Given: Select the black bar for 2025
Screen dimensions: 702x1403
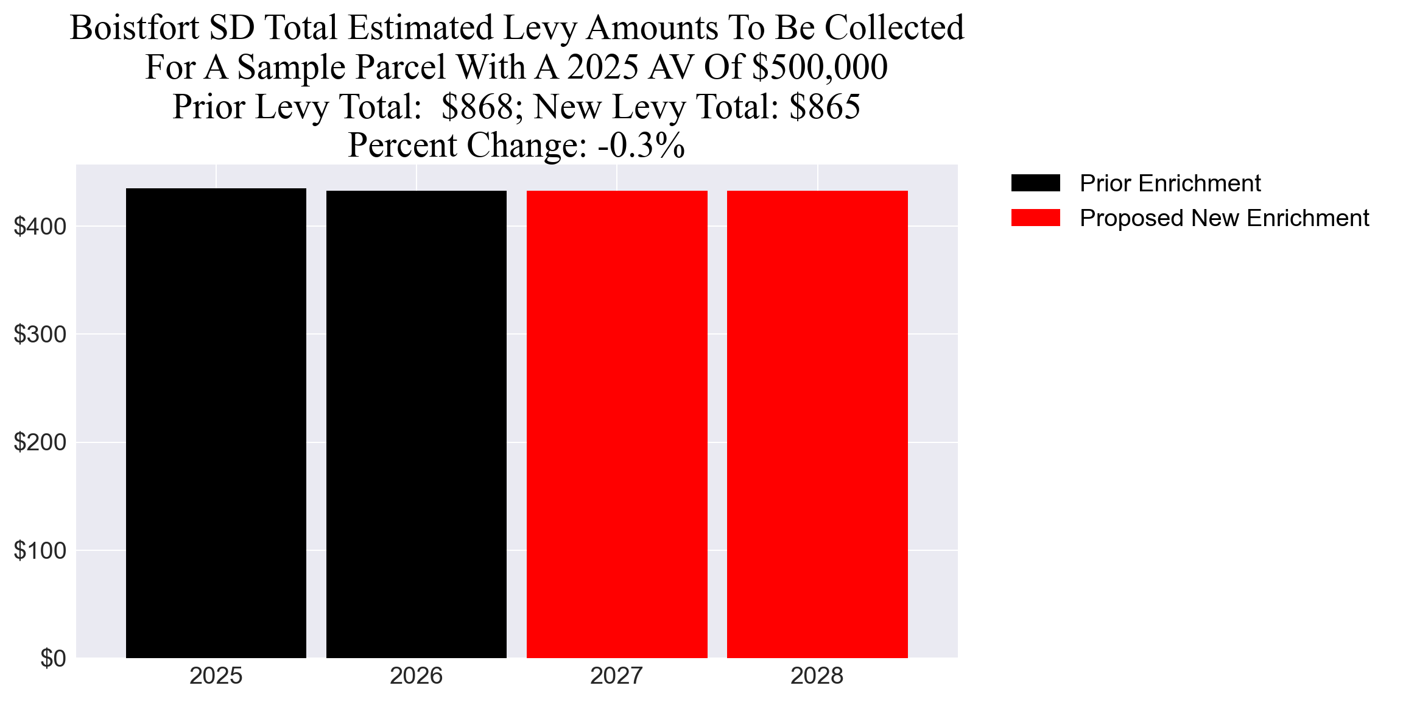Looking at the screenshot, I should (216, 423).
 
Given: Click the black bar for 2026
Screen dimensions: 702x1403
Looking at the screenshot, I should (416, 424).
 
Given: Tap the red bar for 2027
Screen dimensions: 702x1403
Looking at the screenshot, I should (617, 424).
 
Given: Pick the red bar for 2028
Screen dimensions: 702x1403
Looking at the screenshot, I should (817, 424).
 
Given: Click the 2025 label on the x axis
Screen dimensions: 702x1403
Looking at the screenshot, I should (216, 676).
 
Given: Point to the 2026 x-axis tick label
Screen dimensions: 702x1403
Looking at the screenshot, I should (416, 676).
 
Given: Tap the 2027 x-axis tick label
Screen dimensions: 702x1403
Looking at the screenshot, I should (617, 676).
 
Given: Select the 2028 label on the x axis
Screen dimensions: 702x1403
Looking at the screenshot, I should (817, 676).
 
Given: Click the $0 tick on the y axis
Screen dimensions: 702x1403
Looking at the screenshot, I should (53, 659).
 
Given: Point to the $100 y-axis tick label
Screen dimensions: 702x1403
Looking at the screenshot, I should (40, 551).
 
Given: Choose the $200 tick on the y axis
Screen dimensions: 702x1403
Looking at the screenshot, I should (40, 442).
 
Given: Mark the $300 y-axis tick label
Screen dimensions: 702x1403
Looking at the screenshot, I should (40, 335).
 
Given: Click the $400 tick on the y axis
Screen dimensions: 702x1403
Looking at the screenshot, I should (40, 227).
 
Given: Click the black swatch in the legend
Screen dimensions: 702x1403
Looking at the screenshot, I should (1035, 183).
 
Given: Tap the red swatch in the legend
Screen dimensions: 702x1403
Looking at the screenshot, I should (1035, 218).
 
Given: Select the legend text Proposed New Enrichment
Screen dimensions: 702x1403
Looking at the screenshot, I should (1224, 218).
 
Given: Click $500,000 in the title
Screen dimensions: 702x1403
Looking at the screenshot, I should (820, 67).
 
